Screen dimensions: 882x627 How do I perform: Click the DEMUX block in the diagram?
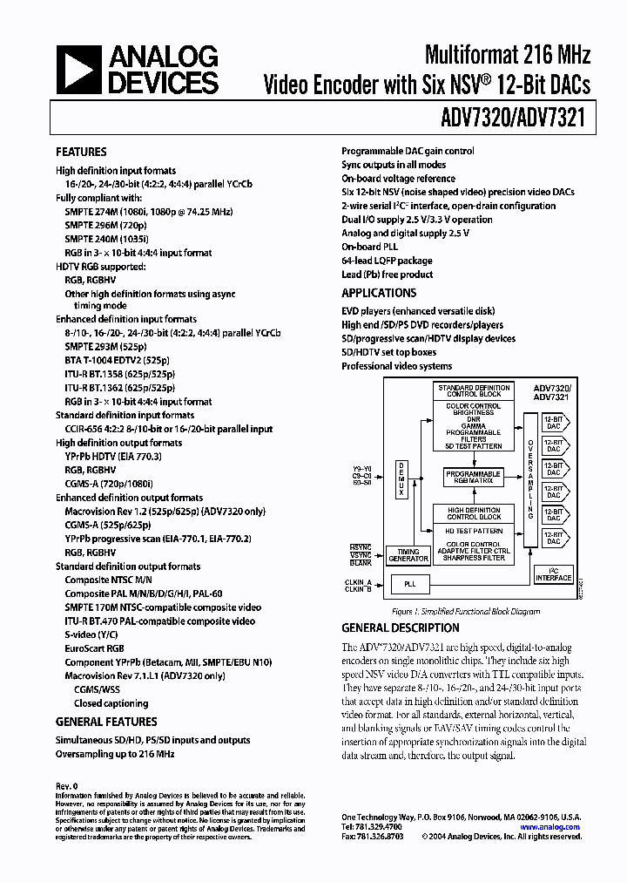tap(401, 478)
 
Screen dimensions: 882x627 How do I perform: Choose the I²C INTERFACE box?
tap(553, 576)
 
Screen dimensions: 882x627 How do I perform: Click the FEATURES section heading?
tap(81, 152)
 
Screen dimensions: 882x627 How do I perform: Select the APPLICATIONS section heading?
tap(379, 293)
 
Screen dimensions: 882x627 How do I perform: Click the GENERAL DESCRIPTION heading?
tap(400, 628)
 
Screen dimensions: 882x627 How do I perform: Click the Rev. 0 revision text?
tap(67, 786)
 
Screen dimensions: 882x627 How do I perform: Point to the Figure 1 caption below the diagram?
tap(465, 611)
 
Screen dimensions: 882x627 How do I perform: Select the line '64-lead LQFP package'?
tap(387, 261)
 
